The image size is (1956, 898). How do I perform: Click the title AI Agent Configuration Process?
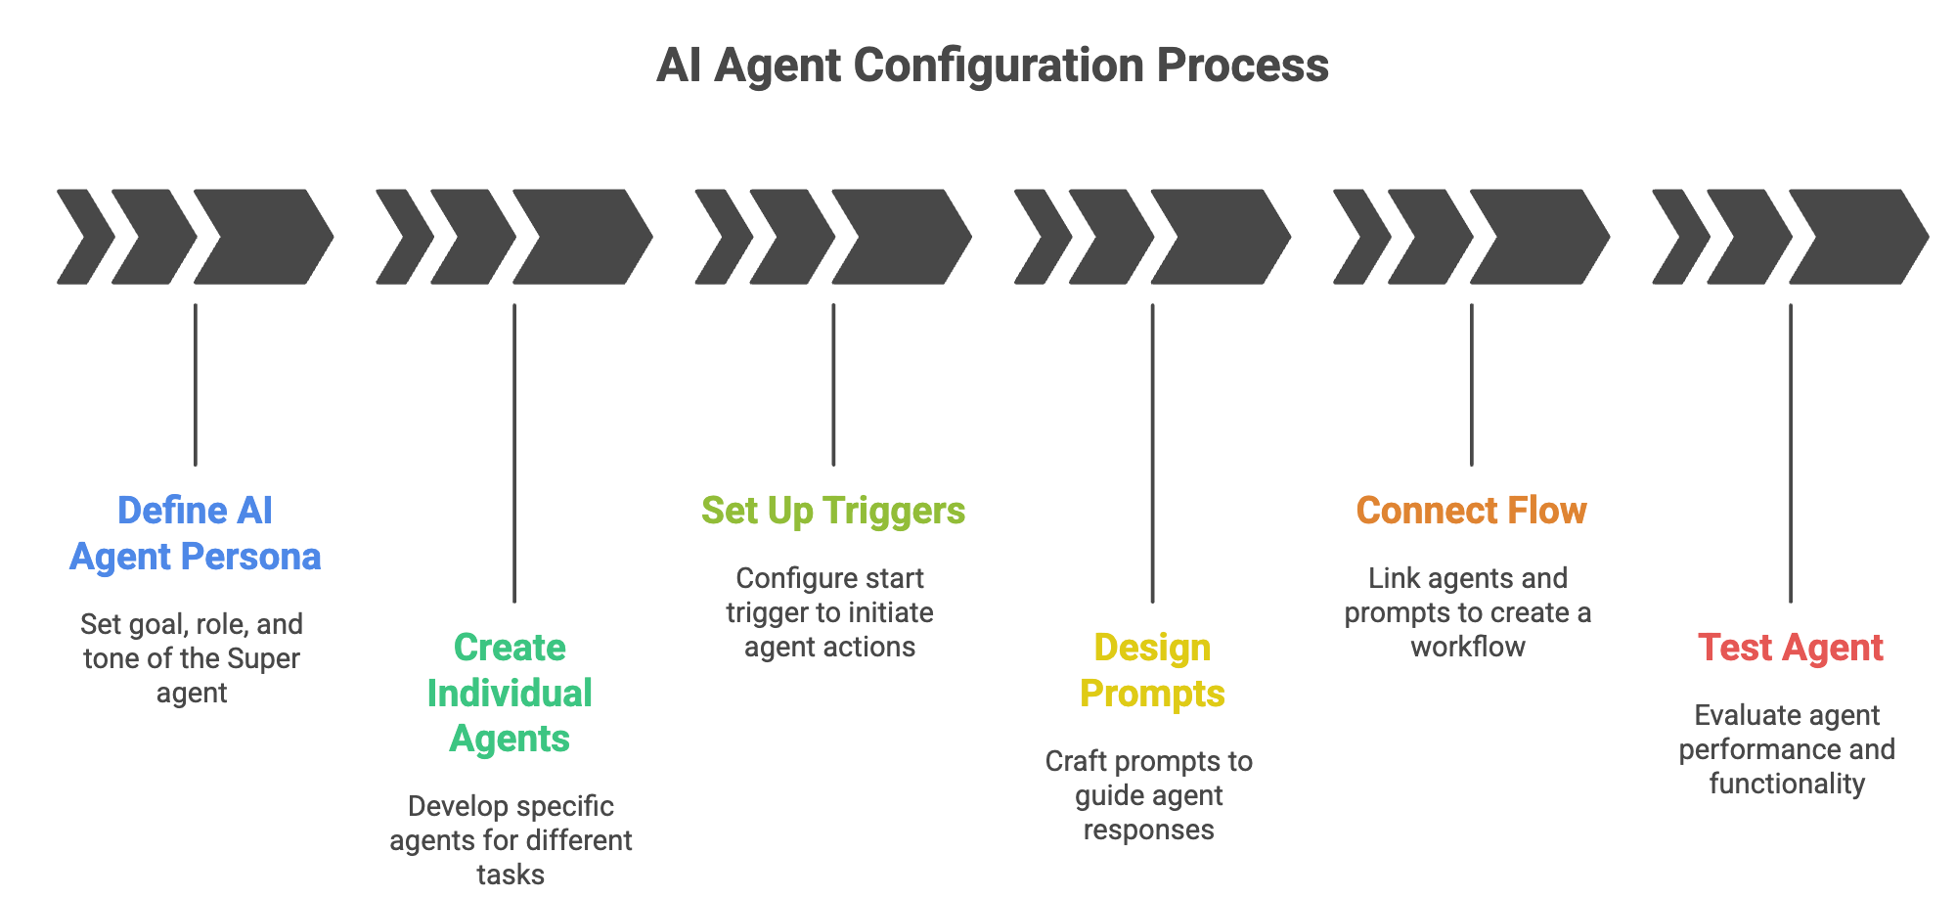(x=992, y=67)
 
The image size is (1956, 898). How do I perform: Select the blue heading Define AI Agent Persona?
(x=196, y=533)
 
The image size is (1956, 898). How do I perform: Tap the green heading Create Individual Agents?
(x=510, y=693)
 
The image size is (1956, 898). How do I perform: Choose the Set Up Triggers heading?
(x=833, y=512)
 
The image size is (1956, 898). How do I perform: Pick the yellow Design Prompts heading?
(x=1152, y=671)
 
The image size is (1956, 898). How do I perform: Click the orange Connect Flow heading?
(x=1471, y=511)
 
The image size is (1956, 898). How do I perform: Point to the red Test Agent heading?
(x=1790, y=649)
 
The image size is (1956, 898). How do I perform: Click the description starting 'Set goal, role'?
(x=192, y=658)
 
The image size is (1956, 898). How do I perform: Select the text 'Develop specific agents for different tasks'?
(x=511, y=840)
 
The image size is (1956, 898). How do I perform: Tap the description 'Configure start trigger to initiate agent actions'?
(x=829, y=612)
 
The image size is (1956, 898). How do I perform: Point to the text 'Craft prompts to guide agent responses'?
(x=1149, y=795)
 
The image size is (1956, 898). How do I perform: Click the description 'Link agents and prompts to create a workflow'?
(x=1468, y=612)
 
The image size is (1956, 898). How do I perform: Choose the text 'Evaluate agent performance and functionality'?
(x=1787, y=749)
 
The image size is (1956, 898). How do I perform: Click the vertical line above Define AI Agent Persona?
(x=196, y=384)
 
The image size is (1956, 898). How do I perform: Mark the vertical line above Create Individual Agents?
(x=514, y=453)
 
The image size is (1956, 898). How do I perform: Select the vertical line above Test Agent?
(x=1791, y=453)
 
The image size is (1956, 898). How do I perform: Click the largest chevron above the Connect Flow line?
(x=1539, y=237)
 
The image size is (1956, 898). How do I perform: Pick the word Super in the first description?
(x=263, y=658)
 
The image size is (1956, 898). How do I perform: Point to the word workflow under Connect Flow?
(x=1468, y=647)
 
